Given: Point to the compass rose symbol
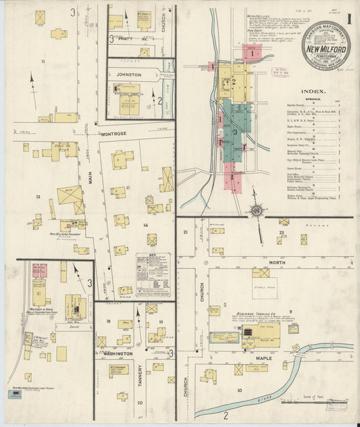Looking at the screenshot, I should tap(257, 211).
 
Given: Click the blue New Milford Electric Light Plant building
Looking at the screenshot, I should tap(14, 394).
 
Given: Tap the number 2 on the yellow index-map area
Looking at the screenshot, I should tap(233, 82).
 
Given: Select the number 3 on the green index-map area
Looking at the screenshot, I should tap(234, 132).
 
